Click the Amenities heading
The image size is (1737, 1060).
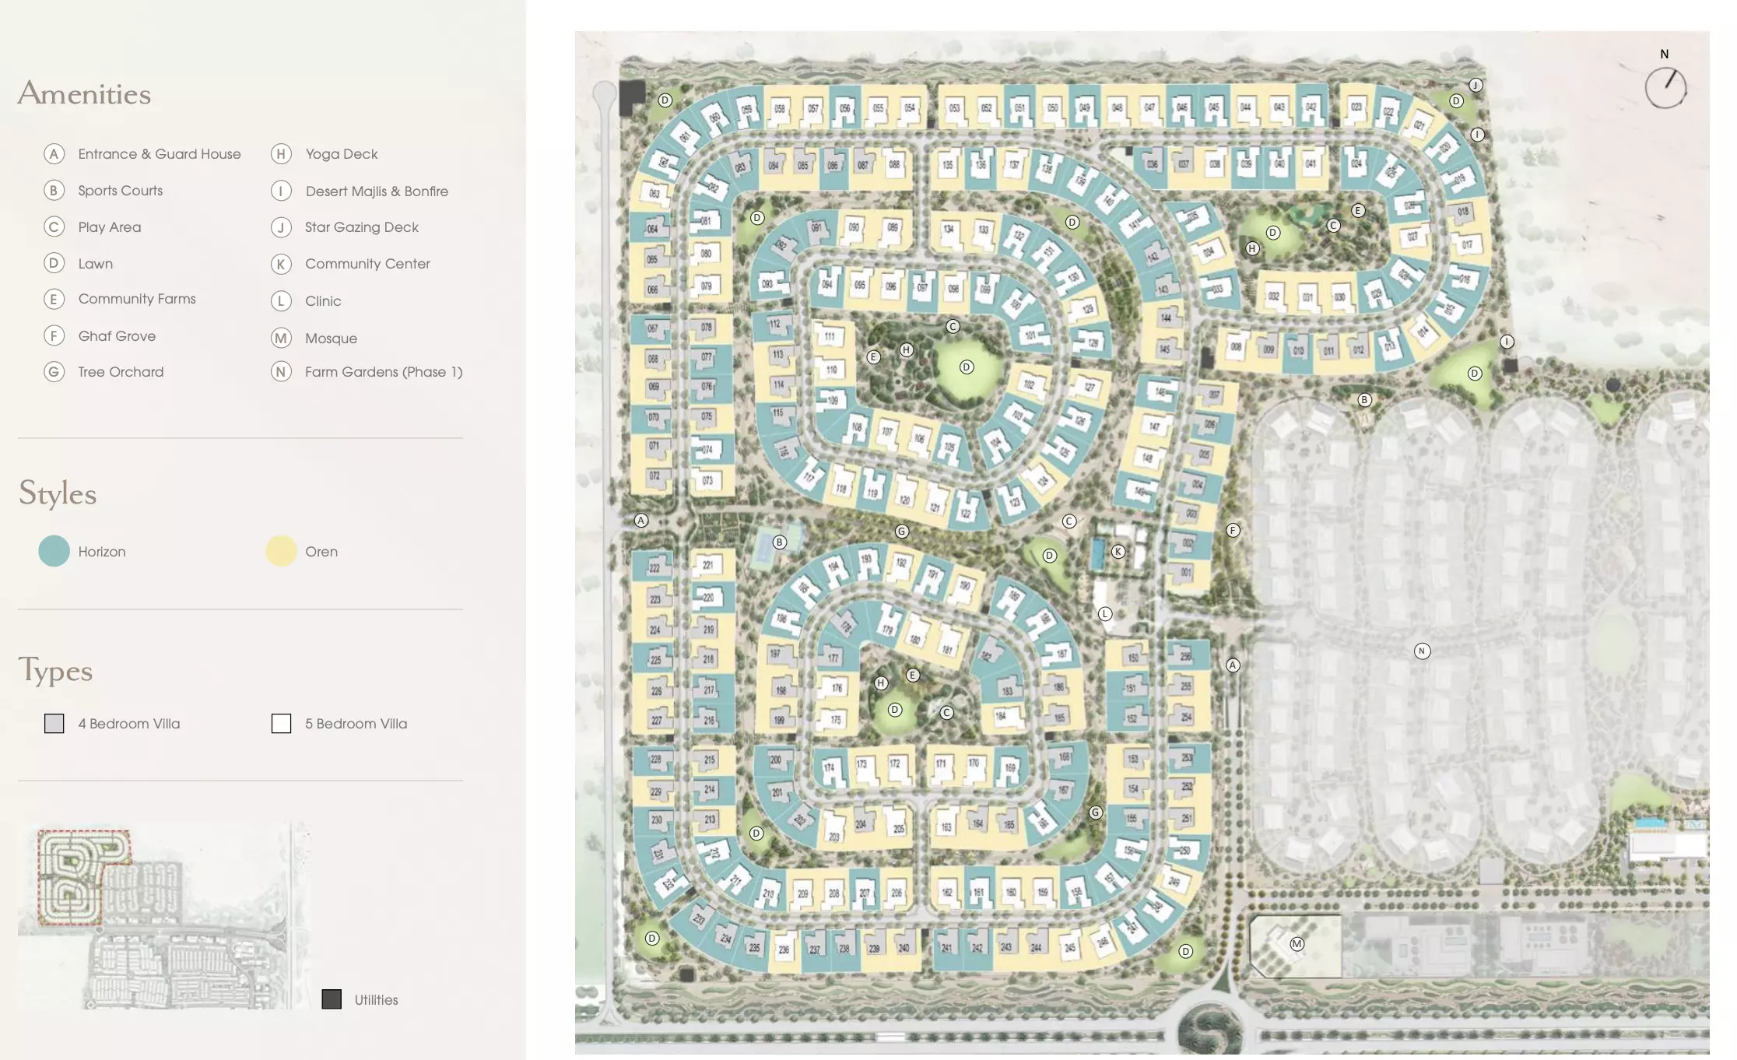coord(84,93)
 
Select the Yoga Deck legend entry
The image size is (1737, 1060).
coord(341,154)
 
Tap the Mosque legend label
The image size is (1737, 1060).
coord(331,339)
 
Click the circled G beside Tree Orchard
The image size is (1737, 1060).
coord(54,372)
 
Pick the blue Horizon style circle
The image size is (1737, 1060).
coord(54,551)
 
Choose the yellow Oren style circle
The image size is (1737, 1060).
coord(281,551)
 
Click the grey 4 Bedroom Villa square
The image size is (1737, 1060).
coord(54,724)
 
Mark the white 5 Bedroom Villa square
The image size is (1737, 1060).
coord(281,724)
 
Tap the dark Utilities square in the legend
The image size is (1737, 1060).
coord(332,999)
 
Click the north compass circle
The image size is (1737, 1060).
coord(1665,88)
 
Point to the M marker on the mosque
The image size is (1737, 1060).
coord(1297,944)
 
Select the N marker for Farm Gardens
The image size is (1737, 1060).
coord(1422,651)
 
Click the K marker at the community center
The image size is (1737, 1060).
coord(1118,552)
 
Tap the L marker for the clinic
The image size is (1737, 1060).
coord(1105,614)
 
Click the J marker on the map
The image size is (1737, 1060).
coord(1476,86)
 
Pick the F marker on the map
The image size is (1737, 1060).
coord(1233,531)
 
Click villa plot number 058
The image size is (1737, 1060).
coord(779,109)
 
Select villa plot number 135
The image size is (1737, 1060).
coord(947,165)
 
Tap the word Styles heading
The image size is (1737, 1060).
coord(58,493)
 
